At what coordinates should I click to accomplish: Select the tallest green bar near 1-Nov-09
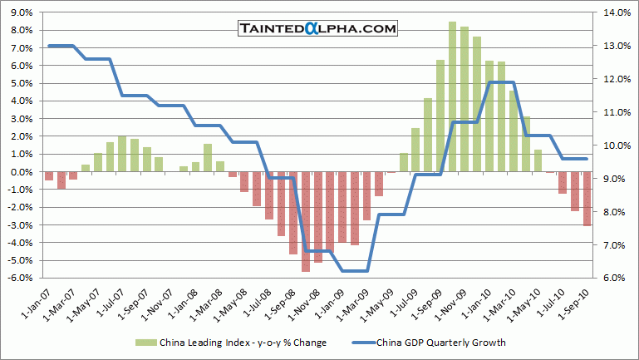453,96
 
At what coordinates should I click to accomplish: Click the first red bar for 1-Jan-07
49,175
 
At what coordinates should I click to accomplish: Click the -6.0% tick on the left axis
20,278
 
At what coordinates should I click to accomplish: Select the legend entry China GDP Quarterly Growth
440,341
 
